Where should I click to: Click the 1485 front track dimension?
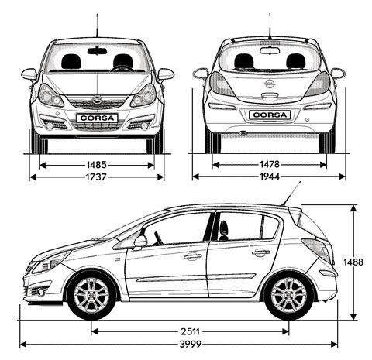pos(96,165)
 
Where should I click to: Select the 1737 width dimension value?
pos(96,177)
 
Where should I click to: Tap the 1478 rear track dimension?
pos(270,164)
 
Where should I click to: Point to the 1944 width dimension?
pos(270,177)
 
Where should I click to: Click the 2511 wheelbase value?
pos(190,331)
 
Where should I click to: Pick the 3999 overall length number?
pos(191,344)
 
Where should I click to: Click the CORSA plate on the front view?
pos(97,118)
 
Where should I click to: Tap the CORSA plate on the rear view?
pos(270,115)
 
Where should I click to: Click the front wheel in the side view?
pos(91,295)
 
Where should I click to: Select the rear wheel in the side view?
pos(289,295)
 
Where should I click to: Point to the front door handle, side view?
pos(193,256)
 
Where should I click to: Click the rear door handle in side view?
pos(260,252)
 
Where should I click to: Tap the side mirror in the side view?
pos(140,242)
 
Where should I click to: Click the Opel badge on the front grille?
pos(97,100)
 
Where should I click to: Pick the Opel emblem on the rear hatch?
pos(270,84)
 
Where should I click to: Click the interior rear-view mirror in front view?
pos(97,50)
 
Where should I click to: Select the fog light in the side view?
pos(40,292)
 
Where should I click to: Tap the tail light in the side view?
pos(317,249)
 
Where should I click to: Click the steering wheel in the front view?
pos(122,69)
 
